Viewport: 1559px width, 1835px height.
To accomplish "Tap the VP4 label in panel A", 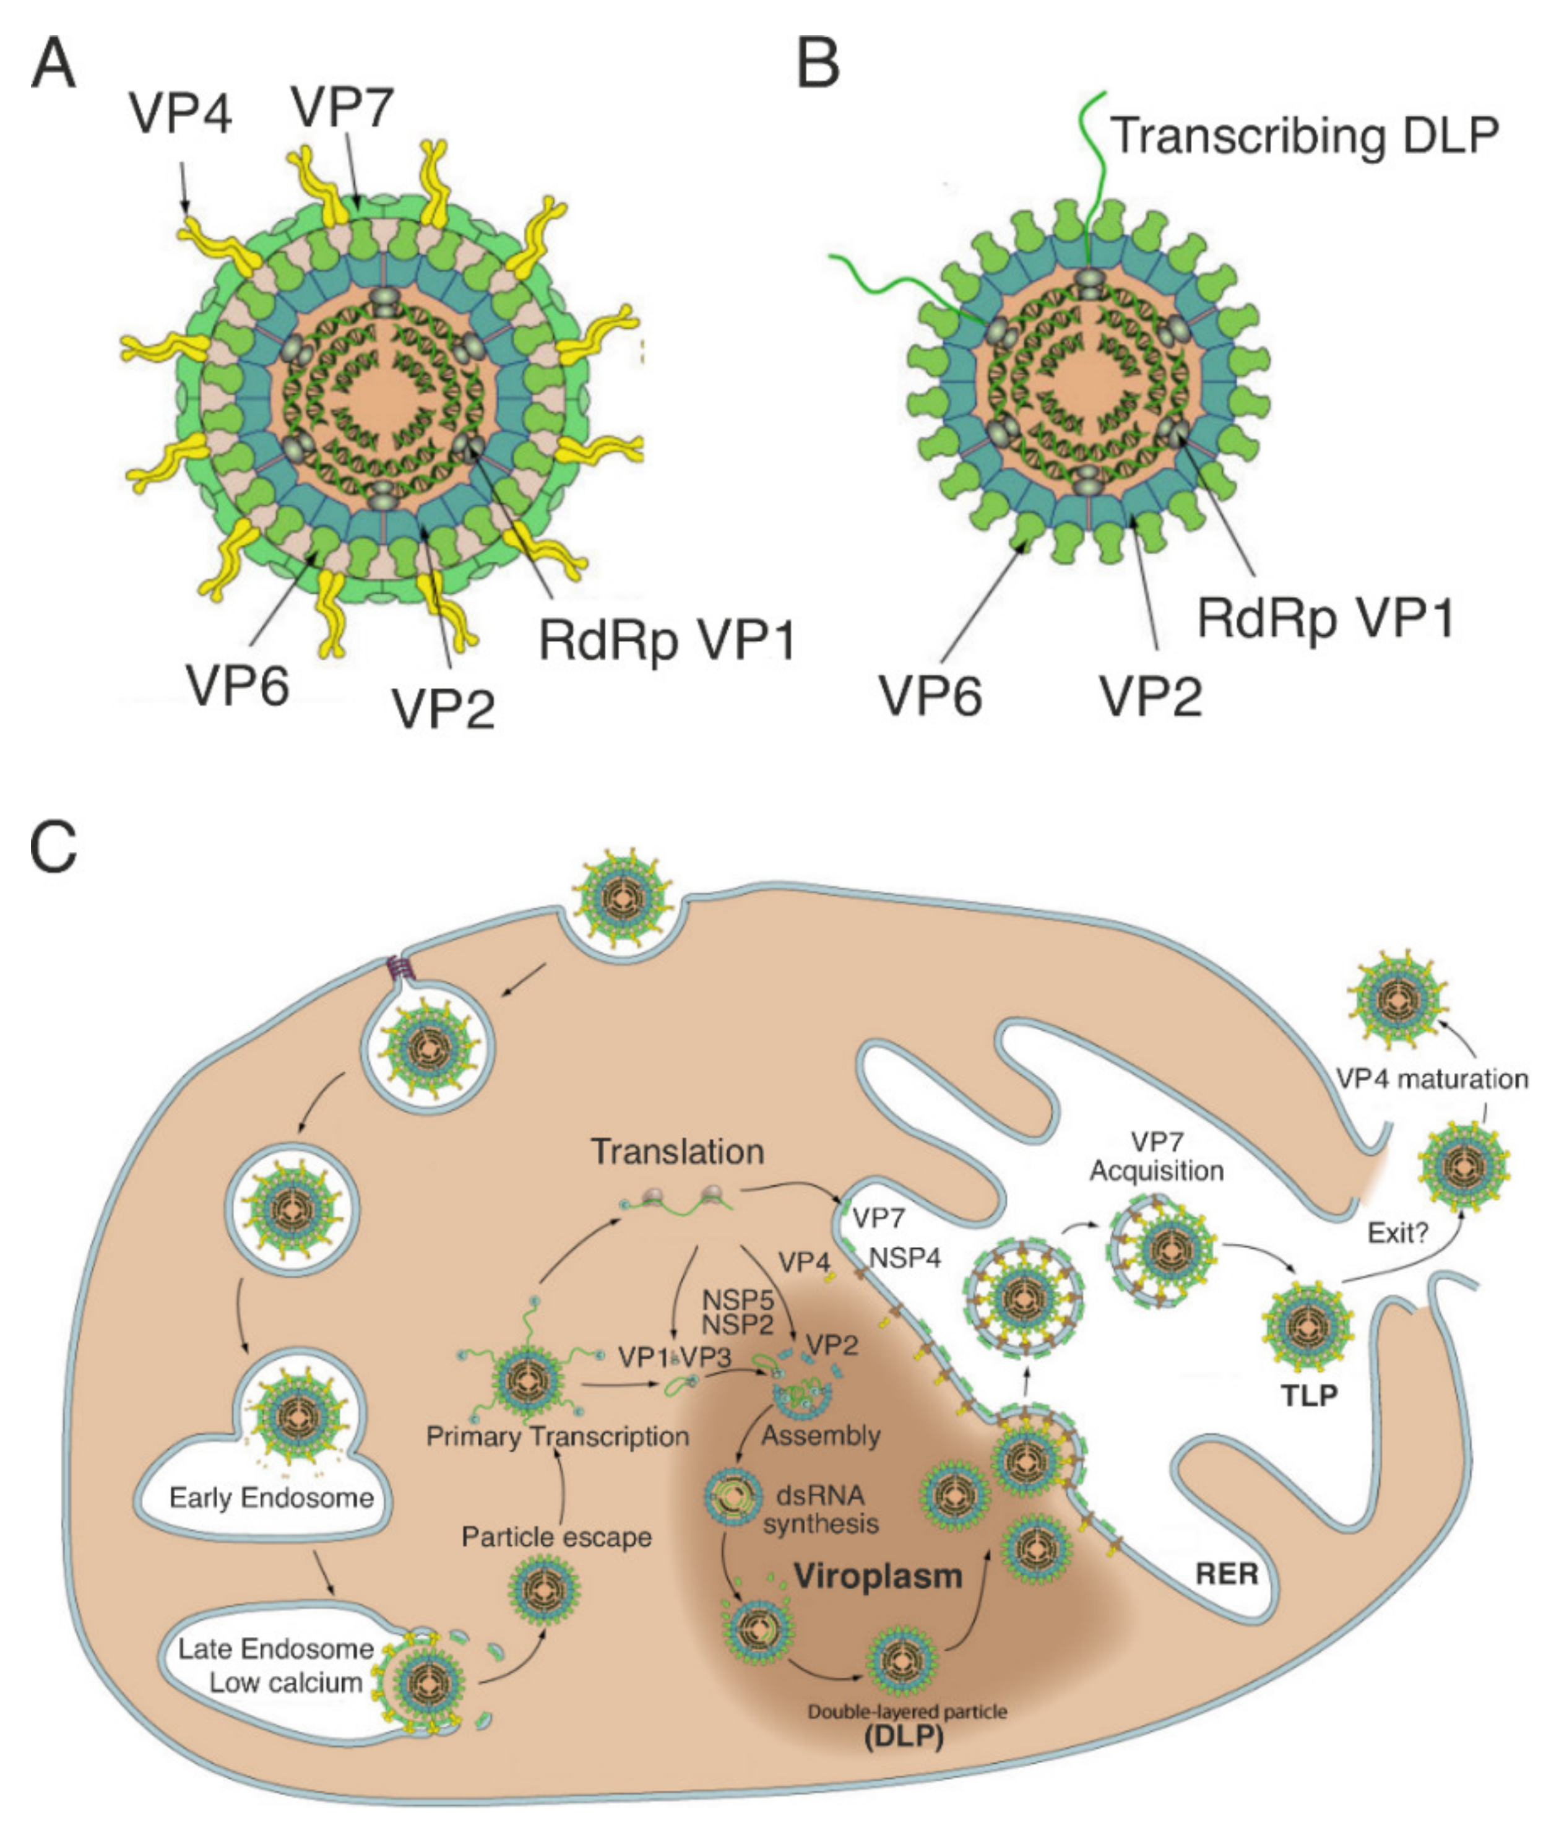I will pyautogui.click(x=180, y=114).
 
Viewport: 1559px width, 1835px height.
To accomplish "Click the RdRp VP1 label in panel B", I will pyautogui.click(x=1325, y=617).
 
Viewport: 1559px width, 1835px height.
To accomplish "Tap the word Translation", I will pyautogui.click(x=677, y=1152).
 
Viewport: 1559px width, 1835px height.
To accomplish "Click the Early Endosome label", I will pyautogui.click(x=271, y=1498).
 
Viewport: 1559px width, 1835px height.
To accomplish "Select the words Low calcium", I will pyautogui.click(x=285, y=1682).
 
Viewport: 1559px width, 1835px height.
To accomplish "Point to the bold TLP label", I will pyautogui.click(x=1309, y=1395).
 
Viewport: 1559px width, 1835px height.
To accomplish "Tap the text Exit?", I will pyautogui.click(x=1397, y=1233).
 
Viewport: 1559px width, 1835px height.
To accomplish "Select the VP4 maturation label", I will pyautogui.click(x=1432, y=1078).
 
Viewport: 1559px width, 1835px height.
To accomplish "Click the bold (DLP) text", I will pyautogui.click(x=903, y=1736).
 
